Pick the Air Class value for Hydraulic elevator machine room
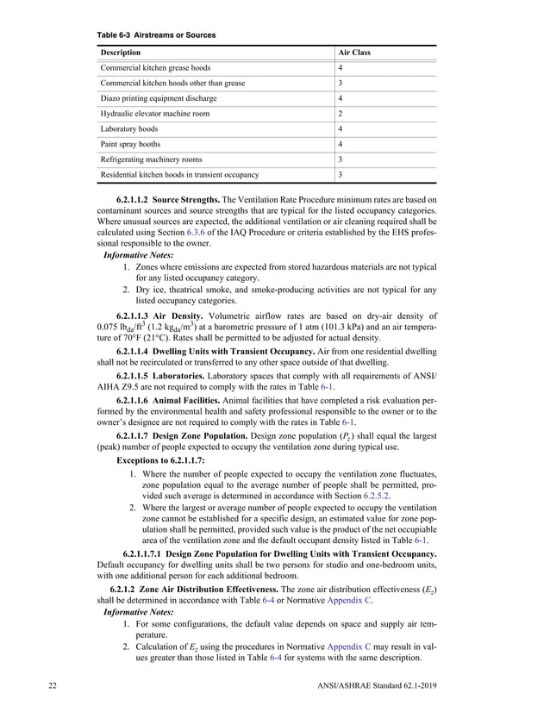point(341,114)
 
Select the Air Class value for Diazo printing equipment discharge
point(341,98)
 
